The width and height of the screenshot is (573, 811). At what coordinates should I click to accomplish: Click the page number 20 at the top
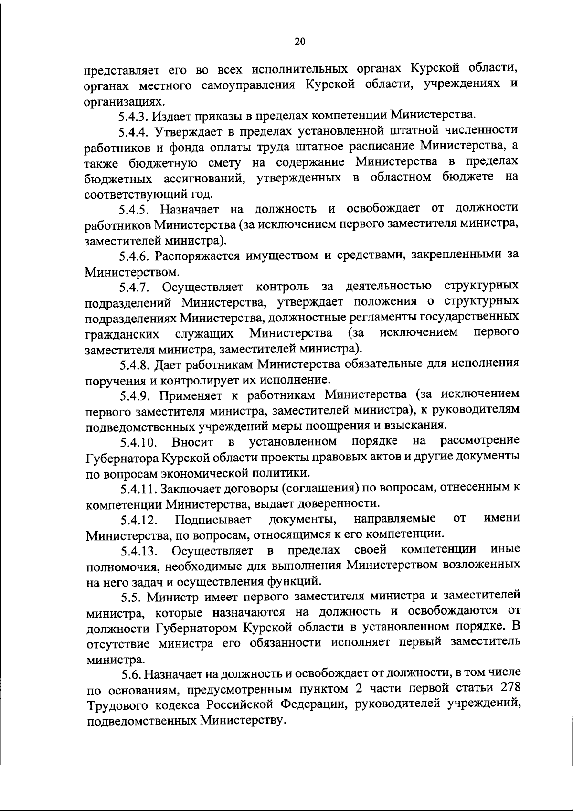(x=299, y=42)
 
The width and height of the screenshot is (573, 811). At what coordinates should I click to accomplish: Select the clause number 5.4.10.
(x=139, y=443)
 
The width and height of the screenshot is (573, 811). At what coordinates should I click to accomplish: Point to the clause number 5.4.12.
(x=139, y=521)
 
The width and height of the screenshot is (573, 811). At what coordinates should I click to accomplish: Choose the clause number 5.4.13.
(x=139, y=552)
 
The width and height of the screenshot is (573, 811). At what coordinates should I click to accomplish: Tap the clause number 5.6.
(x=131, y=675)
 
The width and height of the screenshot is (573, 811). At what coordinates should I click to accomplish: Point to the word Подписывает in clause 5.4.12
(x=213, y=520)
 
